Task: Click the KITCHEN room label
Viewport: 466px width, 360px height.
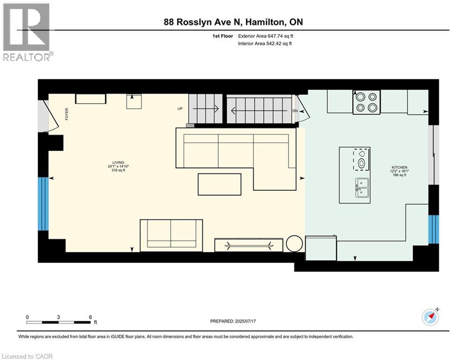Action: (x=399, y=167)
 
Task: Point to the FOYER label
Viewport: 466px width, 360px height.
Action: (x=67, y=114)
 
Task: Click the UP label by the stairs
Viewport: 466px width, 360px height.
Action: (x=180, y=109)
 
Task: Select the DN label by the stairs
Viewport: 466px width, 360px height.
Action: (x=295, y=111)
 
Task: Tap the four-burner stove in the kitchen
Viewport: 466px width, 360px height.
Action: (x=366, y=102)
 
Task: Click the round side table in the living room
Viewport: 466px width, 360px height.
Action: (x=295, y=244)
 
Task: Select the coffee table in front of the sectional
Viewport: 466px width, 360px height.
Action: (x=220, y=184)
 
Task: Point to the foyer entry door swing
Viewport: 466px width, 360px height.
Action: (x=48, y=116)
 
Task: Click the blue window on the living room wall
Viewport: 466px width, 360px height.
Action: (x=43, y=203)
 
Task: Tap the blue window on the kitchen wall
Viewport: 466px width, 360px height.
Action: (x=434, y=229)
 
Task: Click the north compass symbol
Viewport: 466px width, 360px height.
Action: (x=429, y=318)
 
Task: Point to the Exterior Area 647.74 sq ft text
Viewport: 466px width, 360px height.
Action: (x=266, y=36)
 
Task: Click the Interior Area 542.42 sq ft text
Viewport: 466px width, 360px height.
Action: (x=265, y=44)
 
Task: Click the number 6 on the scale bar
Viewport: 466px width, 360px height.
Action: (x=90, y=317)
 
